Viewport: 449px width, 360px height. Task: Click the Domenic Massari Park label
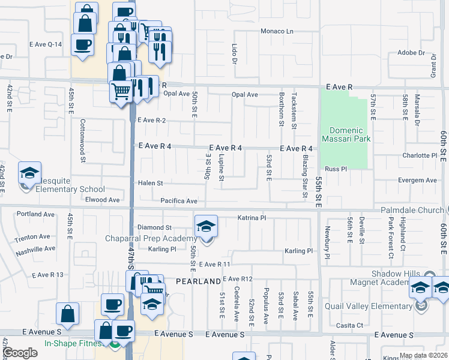[x=345, y=135]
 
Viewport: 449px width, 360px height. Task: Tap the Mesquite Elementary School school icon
[x=29, y=173]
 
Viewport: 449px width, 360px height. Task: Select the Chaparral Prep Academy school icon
[x=206, y=227]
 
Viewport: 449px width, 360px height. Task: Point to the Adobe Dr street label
[x=411, y=53]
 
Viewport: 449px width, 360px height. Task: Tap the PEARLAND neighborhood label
[x=199, y=281]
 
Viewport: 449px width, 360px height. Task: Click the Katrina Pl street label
[x=252, y=218]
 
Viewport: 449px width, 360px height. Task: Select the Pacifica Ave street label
[x=179, y=201]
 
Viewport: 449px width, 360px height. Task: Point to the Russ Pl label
[x=336, y=169]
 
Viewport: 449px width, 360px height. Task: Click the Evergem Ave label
[x=420, y=180]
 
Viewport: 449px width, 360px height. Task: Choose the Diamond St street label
[x=155, y=227]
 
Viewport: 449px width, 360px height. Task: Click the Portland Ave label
[x=36, y=214]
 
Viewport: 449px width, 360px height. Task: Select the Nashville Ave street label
[x=35, y=248]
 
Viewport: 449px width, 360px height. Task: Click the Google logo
[x=20, y=353]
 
